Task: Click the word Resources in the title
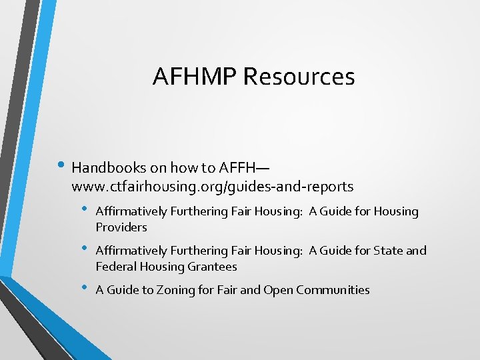coord(299,77)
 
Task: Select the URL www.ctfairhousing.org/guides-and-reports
coord(212,186)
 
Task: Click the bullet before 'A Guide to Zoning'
coord(85,288)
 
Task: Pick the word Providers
coord(121,227)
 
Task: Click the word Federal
coord(116,267)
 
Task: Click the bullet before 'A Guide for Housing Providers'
coord(85,209)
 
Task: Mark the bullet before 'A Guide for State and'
coord(85,249)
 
